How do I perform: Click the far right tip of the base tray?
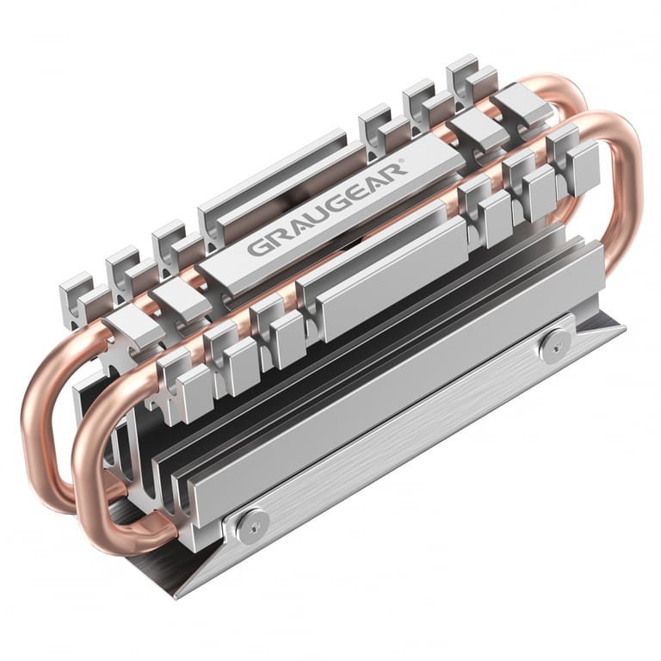(x=624, y=327)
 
